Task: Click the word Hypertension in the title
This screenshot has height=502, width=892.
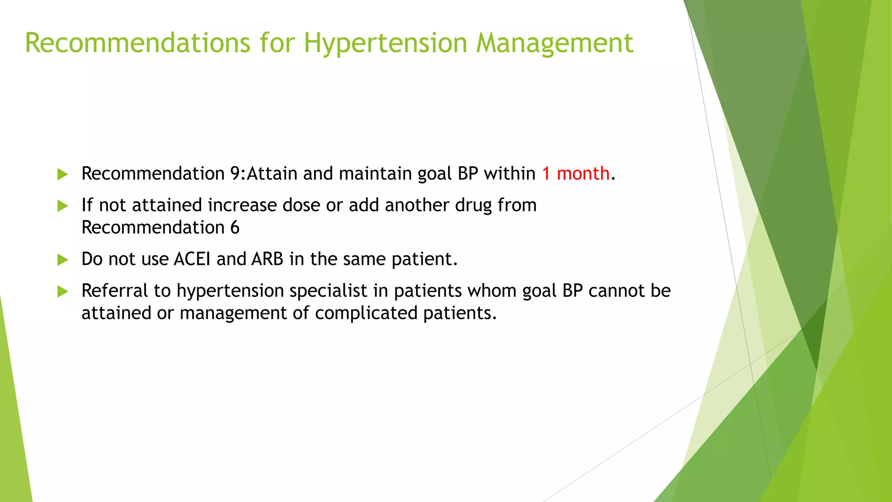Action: (x=385, y=43)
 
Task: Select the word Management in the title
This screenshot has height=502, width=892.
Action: (x=554, y=43)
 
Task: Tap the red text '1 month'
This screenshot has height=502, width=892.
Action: (x=575, y=173)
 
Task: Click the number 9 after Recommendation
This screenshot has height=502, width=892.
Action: (x=235, y=173)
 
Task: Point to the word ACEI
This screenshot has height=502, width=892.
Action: (x=192, y=259)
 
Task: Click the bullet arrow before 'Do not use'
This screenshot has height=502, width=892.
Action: (x=63, y=260)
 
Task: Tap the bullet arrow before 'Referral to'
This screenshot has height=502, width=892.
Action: (x=63, y=291)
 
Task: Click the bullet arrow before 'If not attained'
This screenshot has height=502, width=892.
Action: (x=63, y=206)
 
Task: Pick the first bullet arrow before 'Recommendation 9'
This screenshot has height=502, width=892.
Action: (x=63, y=174)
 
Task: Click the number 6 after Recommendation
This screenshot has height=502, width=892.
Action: (x=235, y=227)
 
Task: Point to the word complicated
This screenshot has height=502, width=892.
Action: (x=366, y=313)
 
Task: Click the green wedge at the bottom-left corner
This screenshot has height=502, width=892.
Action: (x=13, y=436)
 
